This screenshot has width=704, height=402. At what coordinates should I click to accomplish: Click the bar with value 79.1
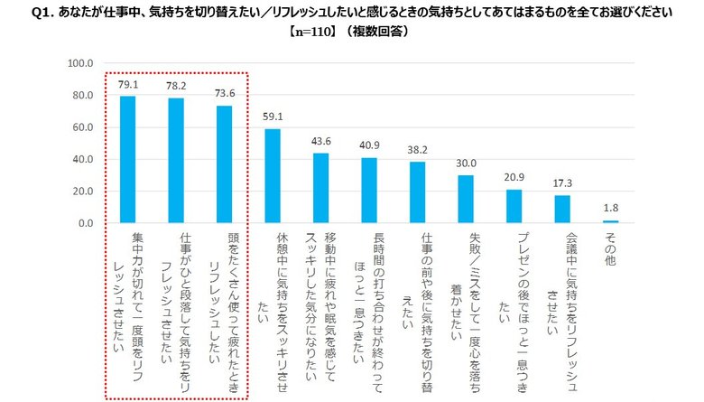pyautogui.click(x=128, y=159)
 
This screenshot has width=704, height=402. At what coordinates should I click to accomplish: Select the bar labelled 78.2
pyautogui.click(x=176, y=160)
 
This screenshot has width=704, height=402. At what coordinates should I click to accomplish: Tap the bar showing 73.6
pyautogui.click(x=225, y=164)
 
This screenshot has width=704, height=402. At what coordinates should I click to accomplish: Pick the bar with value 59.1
pyautogui.click(x=273, y=175)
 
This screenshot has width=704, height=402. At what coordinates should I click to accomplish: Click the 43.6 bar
pyautogui.click(x=320, y=188)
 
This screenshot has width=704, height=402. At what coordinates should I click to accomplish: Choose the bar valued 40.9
pyautogui.click(x=369, y=190)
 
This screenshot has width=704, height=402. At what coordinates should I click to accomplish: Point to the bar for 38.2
pyautogui.click(x=417, y=192)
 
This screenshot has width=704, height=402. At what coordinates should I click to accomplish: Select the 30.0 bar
pyautogui.click(x=466, y=199)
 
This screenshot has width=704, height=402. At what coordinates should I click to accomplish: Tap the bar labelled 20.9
pyautogui.click(x=514, y=206)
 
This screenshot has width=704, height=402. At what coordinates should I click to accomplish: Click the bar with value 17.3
pyautogui.click(x=562, y=209)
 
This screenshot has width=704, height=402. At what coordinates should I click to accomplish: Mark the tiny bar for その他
pyautogui.click(x=610, y=221)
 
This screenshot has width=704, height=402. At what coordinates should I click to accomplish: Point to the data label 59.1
pyautogui.click(x=273, y=117)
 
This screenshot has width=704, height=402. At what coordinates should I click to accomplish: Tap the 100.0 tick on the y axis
pyautogui.click(x=81, y=63)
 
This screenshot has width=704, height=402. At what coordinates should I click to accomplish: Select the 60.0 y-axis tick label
pyautogui.click(x=83, y=127)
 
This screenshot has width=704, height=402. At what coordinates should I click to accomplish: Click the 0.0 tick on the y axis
pyautogui.click(x=87, y=223)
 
